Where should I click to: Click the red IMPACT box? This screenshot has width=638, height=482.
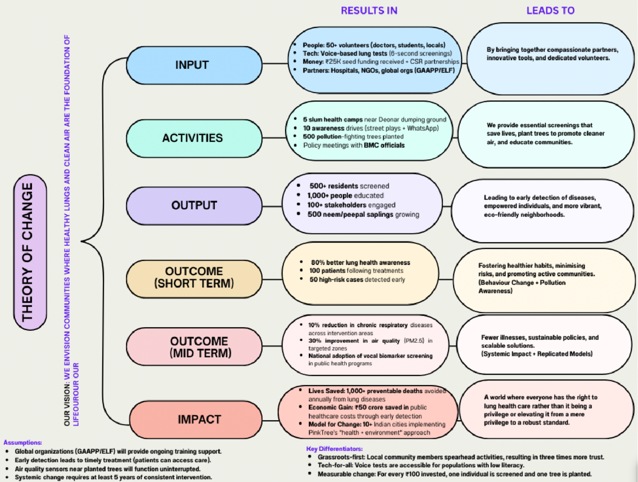[196, 419]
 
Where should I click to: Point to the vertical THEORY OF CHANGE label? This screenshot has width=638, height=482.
[30, 252]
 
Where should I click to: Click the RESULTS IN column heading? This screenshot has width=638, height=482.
[369, 11]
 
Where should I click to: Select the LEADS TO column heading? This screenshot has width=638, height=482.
[550, 11]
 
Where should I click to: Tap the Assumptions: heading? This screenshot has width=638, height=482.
[23, 442]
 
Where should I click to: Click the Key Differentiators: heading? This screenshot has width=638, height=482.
[334, 449]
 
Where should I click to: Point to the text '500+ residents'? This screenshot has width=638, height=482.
[333, 186]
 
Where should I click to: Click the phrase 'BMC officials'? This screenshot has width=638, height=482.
[384, 146]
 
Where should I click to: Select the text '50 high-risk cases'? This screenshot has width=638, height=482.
[336, 280]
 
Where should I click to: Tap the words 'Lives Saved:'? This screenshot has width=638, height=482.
[326, 391]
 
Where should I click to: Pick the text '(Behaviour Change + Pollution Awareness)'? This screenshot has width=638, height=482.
[522, 287]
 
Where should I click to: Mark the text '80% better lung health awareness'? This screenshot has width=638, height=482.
[360, 262]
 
